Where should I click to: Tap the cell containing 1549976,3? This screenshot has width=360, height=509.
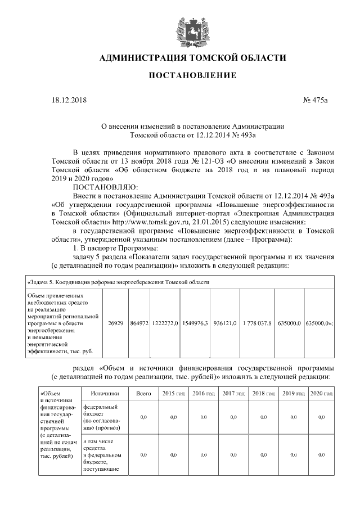[195, 323]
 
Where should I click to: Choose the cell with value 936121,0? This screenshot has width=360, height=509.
[225, 323]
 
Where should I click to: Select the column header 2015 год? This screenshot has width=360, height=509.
[173, 394]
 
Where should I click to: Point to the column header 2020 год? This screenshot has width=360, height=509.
[321, 394]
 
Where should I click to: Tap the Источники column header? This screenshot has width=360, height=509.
[105, 394]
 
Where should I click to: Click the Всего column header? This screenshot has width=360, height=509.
[143, 394]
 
